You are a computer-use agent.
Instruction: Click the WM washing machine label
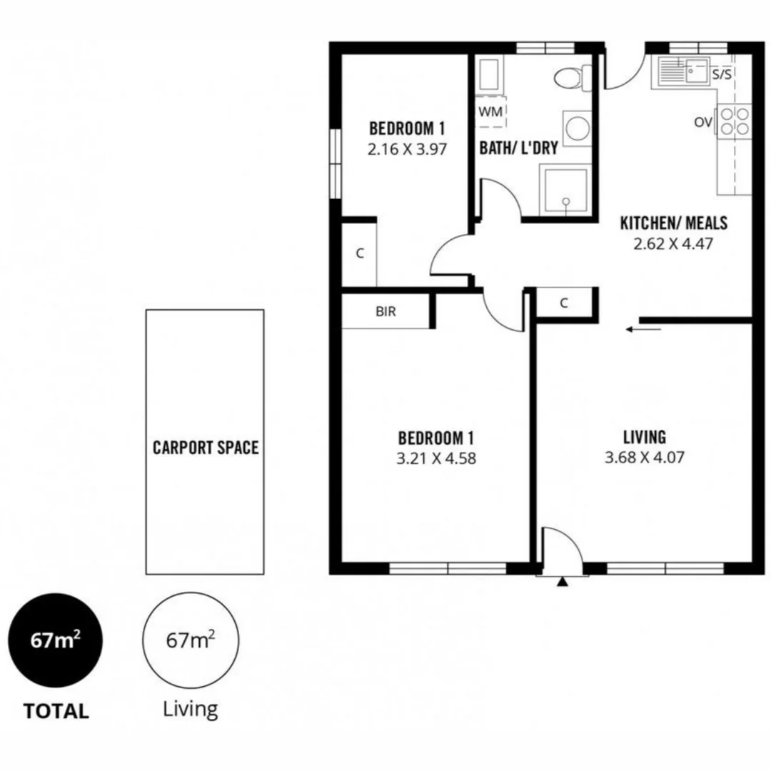489,111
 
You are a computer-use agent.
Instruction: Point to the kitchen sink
682,71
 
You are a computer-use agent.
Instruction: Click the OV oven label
702,123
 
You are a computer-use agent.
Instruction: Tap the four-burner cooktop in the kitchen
735,121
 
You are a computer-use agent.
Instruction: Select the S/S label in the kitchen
721,75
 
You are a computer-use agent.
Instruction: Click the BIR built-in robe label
385,311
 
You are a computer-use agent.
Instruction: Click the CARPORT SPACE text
206,448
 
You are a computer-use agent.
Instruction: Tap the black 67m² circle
55,640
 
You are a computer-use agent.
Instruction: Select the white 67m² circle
191,640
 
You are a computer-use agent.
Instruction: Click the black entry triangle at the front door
563,583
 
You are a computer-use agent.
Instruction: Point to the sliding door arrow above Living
642,329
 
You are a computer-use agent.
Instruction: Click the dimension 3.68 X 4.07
644,458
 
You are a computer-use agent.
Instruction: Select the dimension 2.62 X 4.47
673,243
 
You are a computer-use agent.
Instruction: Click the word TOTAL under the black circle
56,711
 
